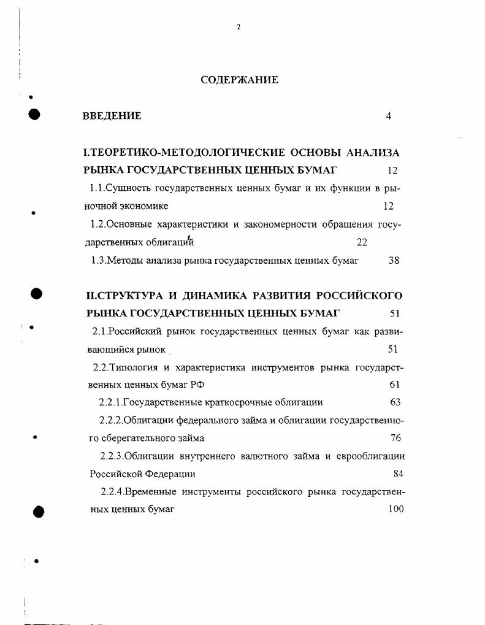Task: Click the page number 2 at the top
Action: [x=239, y=27]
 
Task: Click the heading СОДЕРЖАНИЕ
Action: [x=239, y=80]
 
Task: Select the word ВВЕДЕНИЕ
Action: [x=112, y=115]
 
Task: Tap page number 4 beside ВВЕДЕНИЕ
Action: [x=389, y=116]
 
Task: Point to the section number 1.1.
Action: [x=99, y=188]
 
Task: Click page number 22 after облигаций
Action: [x=362, y=242]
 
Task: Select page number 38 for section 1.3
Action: [x=394, y=260]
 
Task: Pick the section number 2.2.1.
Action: [x=110, y=402]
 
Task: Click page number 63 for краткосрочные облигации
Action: [x=395, y=402]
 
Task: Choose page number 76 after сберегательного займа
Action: [x=395, y=438]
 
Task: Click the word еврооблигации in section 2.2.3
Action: [x=371, y=456]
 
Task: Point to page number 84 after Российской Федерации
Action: [x=398, y=474]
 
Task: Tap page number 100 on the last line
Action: [x=396, y=509]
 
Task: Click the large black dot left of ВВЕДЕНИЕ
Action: [x=35, y=115]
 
